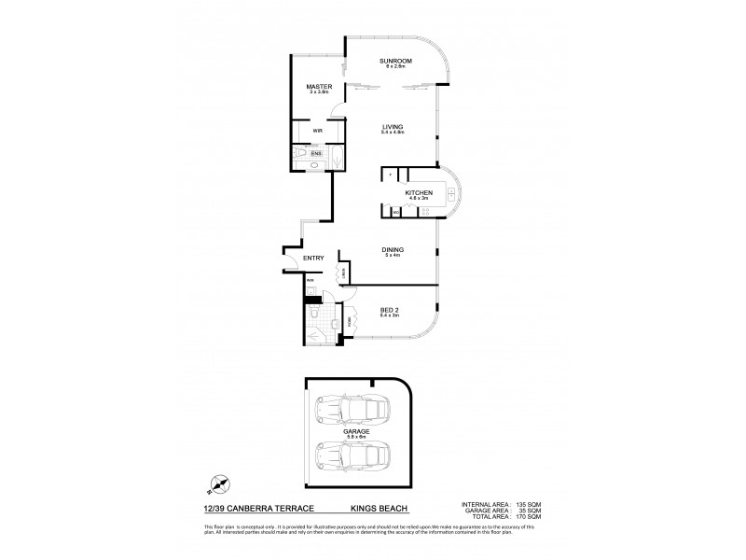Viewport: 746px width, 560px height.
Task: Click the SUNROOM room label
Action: [x=395, y=62]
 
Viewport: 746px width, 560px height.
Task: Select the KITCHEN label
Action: [x=419, y=192]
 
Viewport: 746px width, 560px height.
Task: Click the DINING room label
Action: [x=392, y=250]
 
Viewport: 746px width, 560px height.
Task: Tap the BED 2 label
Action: [x=390, y=312]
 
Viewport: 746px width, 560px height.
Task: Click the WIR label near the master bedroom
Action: [x=318, y=131]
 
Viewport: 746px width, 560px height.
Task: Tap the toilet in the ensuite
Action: [x=300, y=154]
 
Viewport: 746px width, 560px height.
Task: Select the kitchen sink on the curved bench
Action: [x=450, y=193]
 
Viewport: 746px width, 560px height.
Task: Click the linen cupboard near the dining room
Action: [x=344, y=273]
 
